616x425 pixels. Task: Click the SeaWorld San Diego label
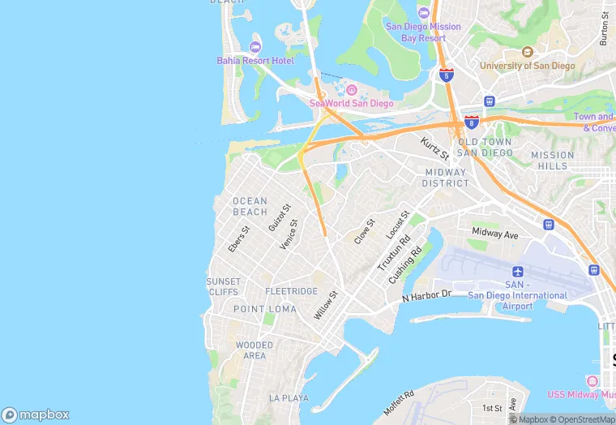click(351, 103)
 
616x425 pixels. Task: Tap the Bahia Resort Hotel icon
click(256, 46)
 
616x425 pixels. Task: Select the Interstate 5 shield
click(447, 75)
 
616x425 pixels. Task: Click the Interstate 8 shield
click(471, 122)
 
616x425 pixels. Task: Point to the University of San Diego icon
click(528, 52)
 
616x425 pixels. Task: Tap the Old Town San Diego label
click(484, 147)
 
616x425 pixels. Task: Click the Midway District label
click(445, 178)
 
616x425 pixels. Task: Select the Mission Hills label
click(552, 161)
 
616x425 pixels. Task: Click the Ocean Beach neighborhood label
click(250, 207)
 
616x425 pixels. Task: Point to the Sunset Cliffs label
click(223, 286)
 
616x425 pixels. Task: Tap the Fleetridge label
click(292, 291)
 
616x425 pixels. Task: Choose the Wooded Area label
click(254, 350)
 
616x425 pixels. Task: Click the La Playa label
click(289, 398)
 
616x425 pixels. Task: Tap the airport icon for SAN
click(518, 271)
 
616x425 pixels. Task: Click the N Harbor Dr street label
click(426, 296)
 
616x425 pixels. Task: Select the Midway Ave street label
click(494, 234)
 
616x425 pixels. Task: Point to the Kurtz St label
click(434, 148)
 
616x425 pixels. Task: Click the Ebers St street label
click(239, 238)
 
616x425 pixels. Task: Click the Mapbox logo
click(36, 414)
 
